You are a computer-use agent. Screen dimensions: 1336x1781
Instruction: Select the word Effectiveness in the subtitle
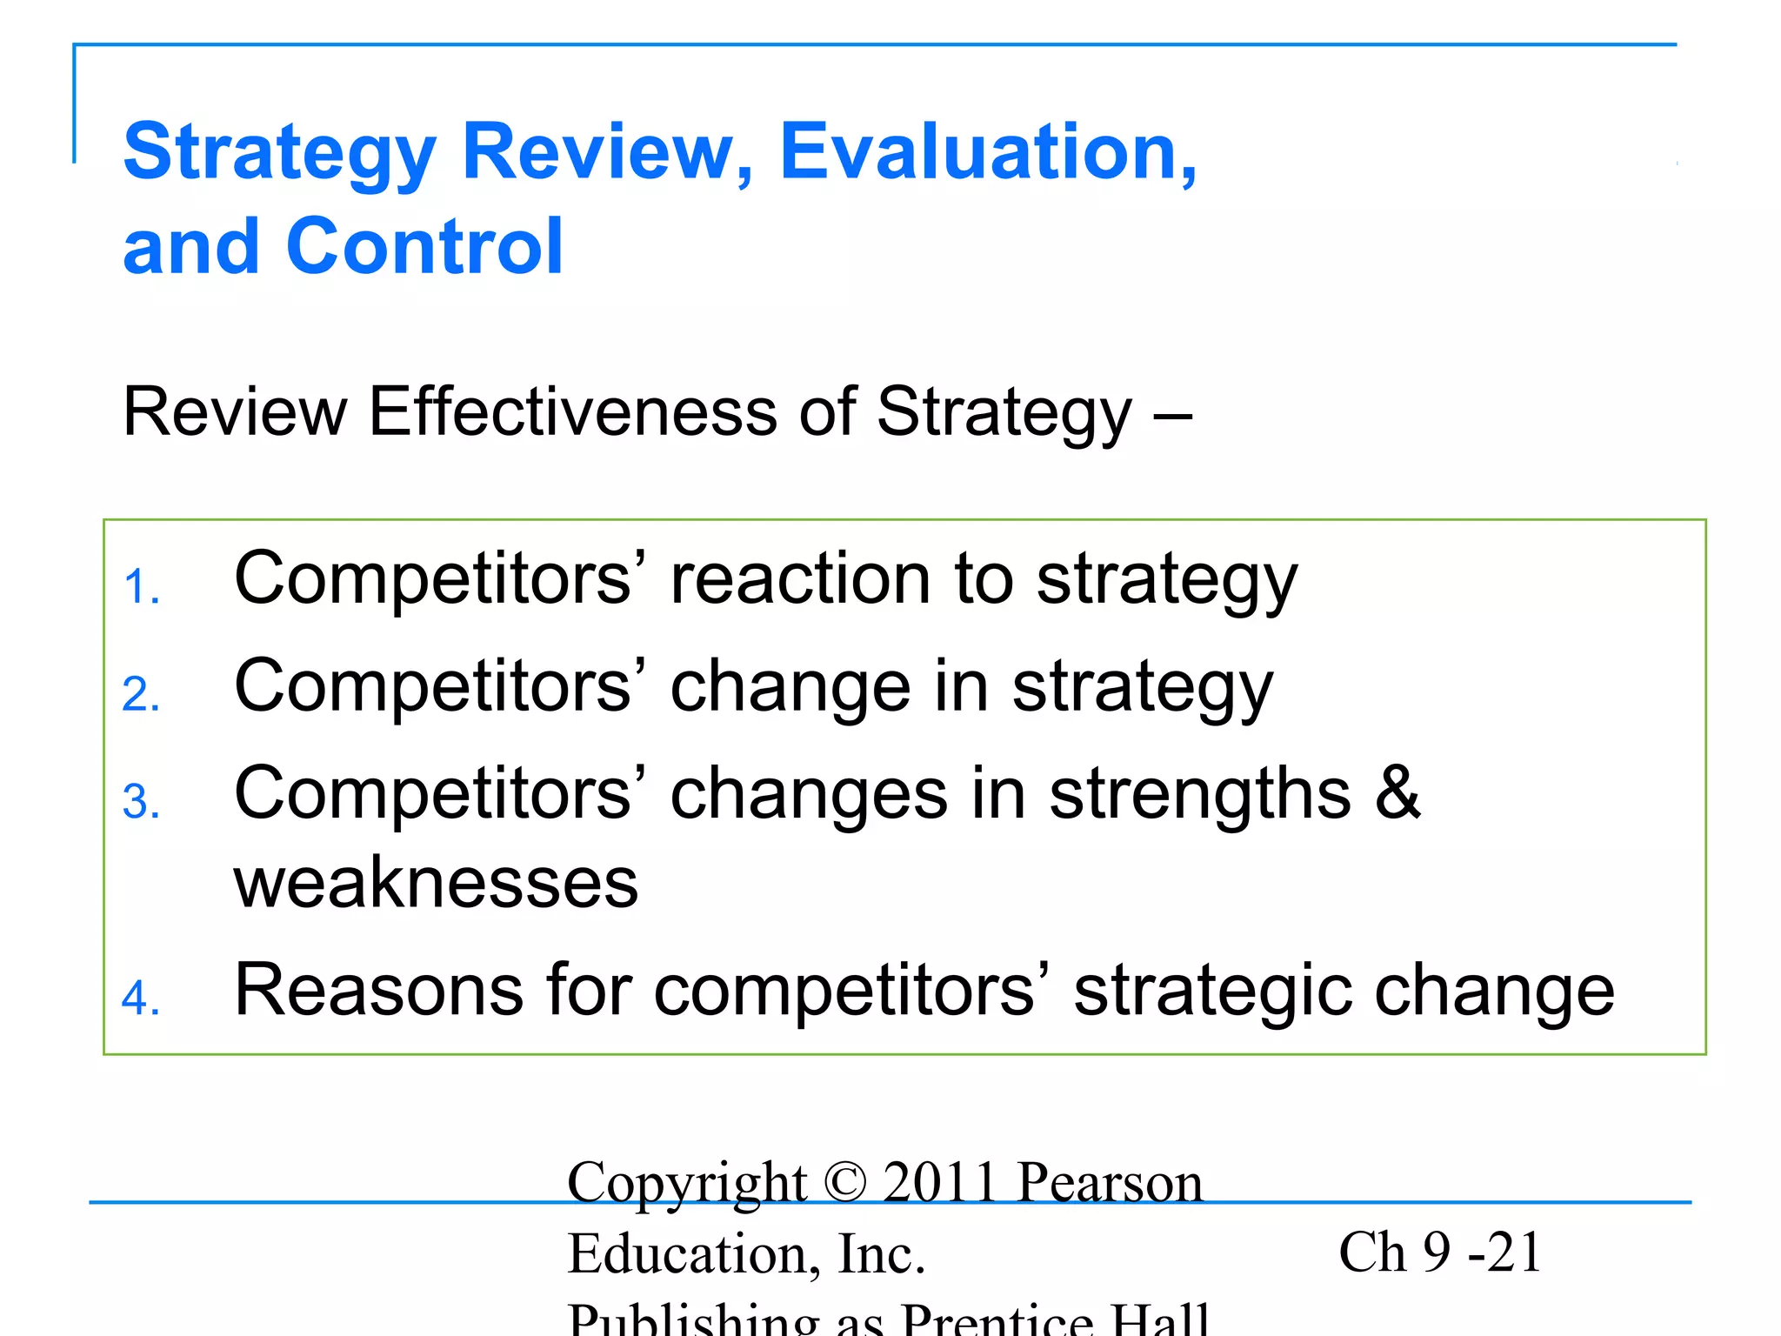(572, 411)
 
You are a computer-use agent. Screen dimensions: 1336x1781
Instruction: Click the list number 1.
(140, 587)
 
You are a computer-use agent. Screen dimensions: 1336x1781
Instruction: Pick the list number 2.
(140, 695)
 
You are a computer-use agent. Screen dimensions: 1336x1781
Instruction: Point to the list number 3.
(140, 802)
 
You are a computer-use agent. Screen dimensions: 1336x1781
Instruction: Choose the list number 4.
(140, 999)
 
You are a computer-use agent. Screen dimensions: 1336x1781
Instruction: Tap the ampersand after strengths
(1397, 793)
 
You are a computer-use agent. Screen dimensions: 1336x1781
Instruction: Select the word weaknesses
(436, 884)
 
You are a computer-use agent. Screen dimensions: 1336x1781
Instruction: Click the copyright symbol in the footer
(845, 1183)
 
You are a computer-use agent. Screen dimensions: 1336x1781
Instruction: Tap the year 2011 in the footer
(939, 1183)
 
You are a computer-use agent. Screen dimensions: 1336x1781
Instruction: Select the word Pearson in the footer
(1110, 1183)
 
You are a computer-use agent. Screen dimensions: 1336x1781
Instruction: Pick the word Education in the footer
(693, 1254)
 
